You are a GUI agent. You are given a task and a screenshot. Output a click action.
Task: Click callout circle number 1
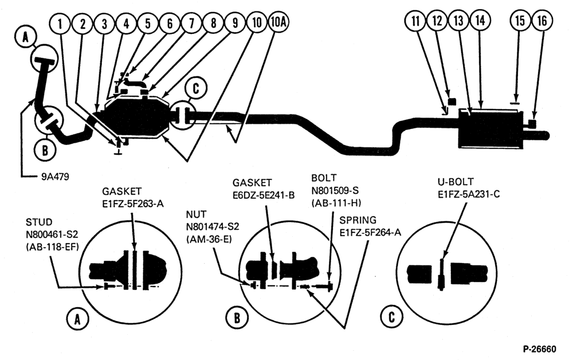[60, 24]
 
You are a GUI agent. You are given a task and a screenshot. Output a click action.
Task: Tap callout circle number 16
[542, 21]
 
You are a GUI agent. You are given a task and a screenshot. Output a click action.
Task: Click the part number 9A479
[55, 177]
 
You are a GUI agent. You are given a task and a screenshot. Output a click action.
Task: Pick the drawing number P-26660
[539, 350]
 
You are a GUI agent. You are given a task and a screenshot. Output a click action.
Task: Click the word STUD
[39, 222]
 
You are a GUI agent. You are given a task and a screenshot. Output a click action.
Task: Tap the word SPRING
[358, 220]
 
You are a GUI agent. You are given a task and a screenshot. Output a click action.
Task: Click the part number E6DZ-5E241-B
[264, 195]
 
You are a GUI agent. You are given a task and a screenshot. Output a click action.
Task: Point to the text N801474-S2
[213, 227]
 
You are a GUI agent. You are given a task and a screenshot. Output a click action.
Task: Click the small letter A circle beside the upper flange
[26, 38]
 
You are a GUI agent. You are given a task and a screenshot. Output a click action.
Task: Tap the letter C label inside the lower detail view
[392, 317]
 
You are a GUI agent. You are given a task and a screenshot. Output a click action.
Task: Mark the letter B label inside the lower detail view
[237, 318]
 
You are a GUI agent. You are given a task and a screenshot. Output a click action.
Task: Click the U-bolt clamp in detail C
[441, 275]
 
